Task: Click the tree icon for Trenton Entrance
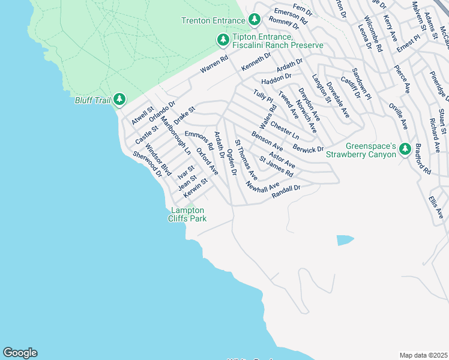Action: [x=255, y=20]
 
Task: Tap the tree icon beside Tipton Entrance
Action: [x=223, y=40]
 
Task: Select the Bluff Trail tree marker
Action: [x=119, y=99]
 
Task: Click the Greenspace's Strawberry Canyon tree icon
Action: [x=405, y=148]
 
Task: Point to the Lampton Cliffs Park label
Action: [x=188, y=214]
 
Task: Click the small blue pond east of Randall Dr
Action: [x=345, y=240]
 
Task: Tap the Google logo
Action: [x=20, y=353]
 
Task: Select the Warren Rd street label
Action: [x=215, y=65]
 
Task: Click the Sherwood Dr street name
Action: [x=148, y=164]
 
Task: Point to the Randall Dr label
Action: [x=286, y=190]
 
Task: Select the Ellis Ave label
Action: [x=436, y=205]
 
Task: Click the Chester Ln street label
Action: [x=285, y=130]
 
